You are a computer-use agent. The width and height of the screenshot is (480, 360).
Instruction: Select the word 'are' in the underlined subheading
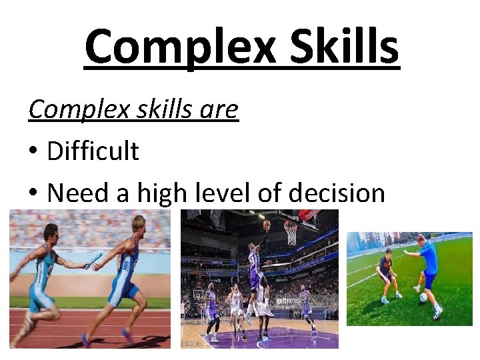(218, 109)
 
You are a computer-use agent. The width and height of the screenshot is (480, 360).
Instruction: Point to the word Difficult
(93, 151)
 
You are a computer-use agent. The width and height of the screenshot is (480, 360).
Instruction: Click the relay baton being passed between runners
(93, 261)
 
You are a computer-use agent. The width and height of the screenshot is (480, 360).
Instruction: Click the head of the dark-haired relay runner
(49, 233)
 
